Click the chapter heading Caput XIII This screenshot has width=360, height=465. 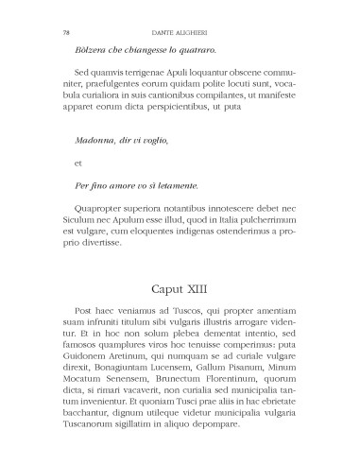180,286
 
